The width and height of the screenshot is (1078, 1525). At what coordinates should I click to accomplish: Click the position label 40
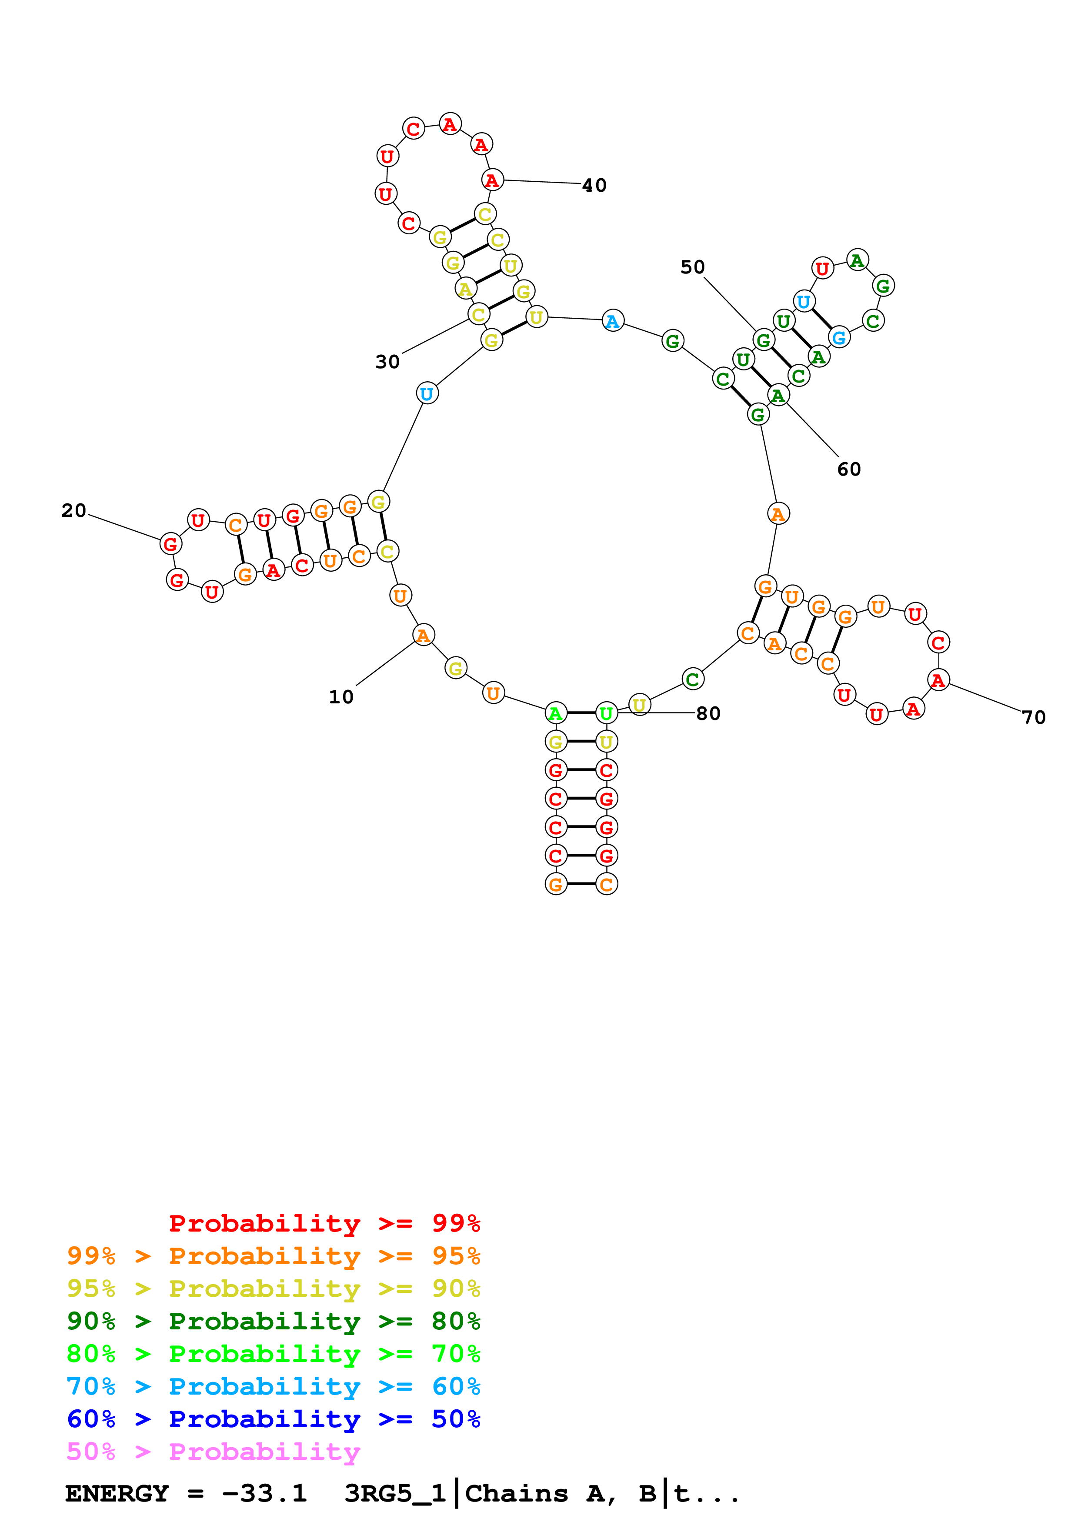594,185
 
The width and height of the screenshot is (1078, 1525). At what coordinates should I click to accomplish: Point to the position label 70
1034,717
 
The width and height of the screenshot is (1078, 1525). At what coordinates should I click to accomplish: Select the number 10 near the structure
341,697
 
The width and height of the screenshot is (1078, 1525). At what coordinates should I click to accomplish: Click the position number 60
848,469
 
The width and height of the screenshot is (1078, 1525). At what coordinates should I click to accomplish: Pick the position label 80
708,713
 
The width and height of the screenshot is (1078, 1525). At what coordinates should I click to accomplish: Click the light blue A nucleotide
612,321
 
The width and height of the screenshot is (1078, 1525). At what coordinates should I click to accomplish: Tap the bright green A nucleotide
555,714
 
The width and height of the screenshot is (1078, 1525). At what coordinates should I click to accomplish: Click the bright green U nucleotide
606,714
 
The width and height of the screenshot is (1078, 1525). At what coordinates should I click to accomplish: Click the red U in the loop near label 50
822,268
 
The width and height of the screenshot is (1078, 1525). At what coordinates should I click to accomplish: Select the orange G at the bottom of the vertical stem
556,885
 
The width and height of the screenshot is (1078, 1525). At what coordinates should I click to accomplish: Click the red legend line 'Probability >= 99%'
324,1223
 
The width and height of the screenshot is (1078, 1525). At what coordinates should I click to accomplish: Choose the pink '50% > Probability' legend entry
213,1451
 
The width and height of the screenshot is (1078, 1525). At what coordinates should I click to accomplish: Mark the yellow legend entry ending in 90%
273,1288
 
